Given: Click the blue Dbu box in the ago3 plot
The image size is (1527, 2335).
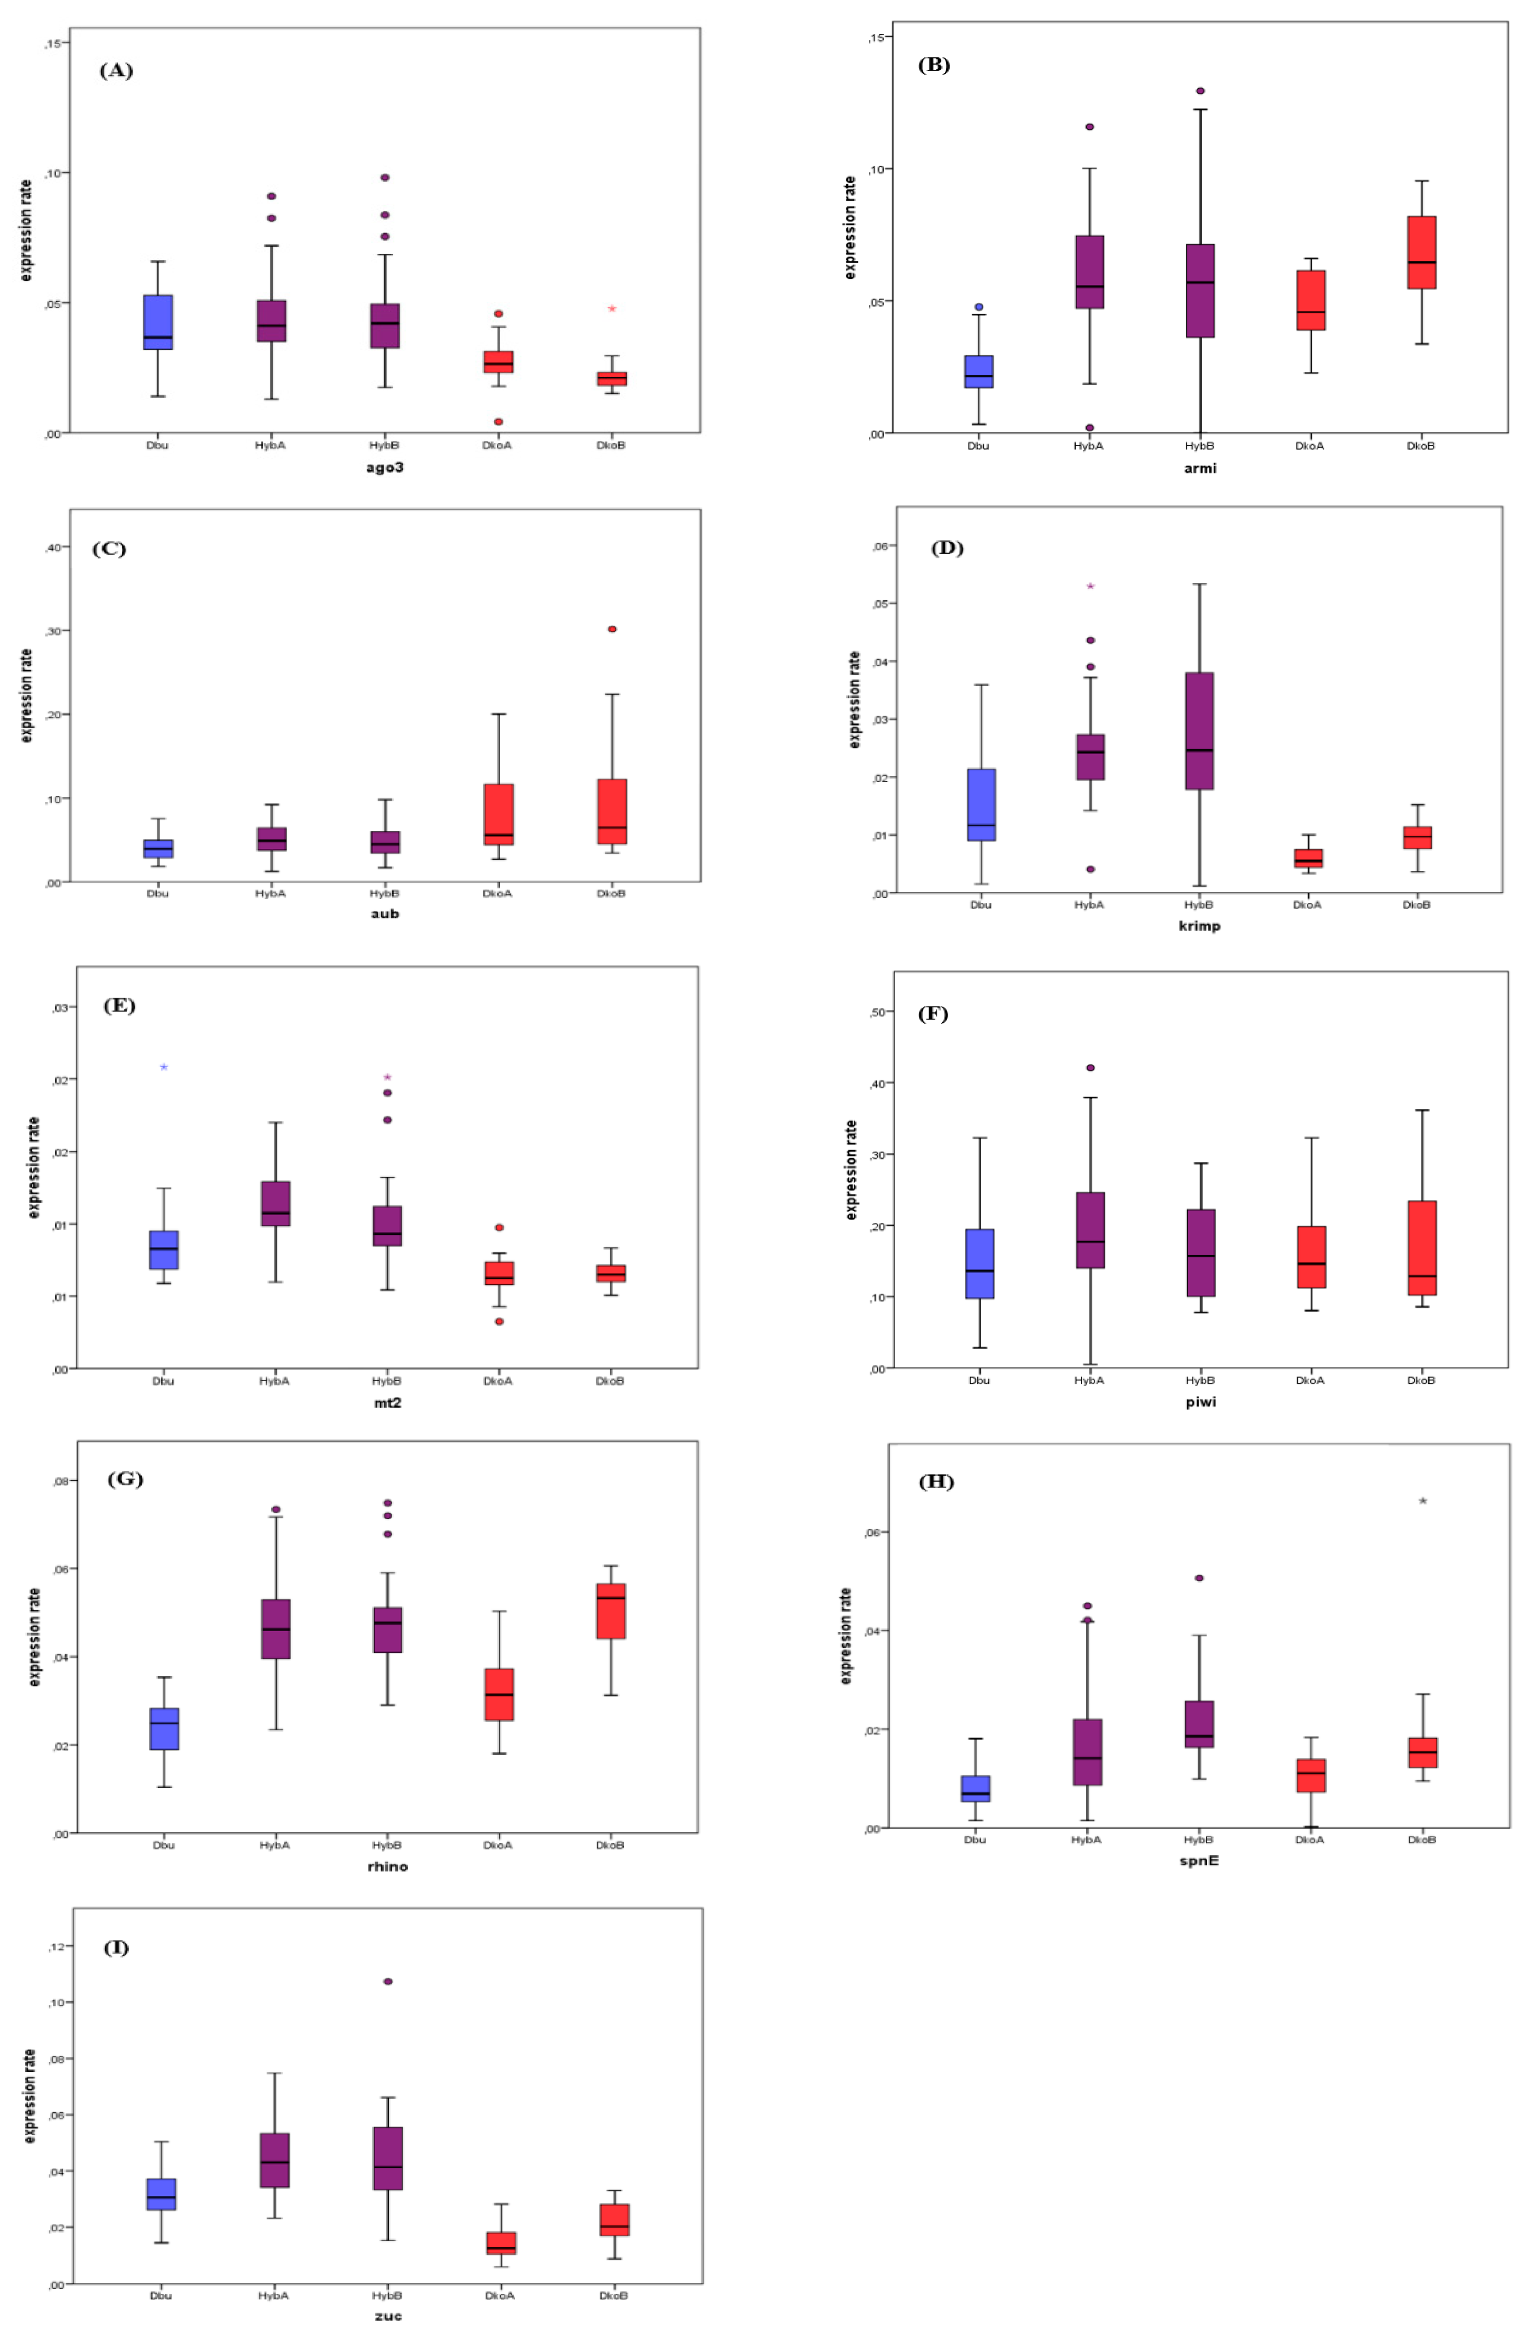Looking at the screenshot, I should (x=158, y=322).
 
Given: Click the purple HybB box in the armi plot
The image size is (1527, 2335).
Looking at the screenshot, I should (x=1199, y=290).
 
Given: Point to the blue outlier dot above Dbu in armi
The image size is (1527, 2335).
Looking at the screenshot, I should (x=978, y=307).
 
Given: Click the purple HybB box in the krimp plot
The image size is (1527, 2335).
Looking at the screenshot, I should (x=1199, y=731).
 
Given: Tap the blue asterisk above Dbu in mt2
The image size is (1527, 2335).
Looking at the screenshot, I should (x=164, y=1066).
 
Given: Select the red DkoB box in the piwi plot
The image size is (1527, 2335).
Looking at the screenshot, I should (x=1422, y=1248).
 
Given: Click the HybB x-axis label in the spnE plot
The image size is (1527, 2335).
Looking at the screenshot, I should (x=1198, y=1839).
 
